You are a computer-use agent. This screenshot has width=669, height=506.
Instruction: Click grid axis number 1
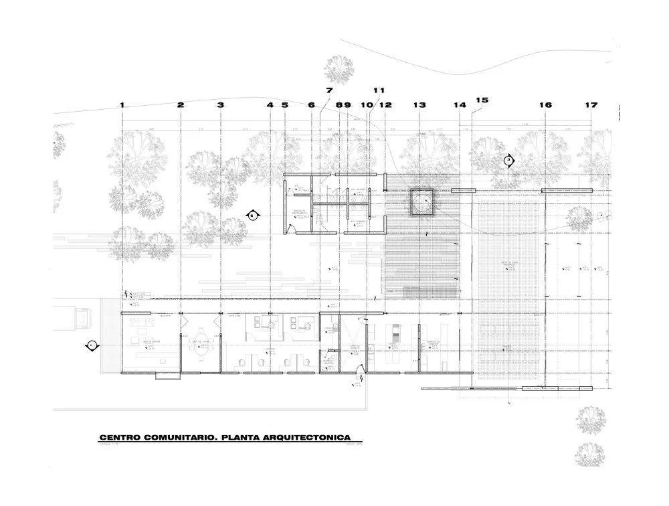click(x=122, y=105)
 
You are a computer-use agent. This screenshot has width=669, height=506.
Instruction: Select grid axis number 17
click(x=591, y=105)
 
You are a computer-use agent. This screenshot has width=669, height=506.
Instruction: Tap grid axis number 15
click(x=482, y=100)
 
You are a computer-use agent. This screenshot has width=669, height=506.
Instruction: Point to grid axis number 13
click(x=419, y=105)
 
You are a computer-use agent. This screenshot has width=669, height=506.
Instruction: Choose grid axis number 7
click(x=329, y=90)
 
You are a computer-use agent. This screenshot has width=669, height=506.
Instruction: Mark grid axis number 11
click(x=379, y=90)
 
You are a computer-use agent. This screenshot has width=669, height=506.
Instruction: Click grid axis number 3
click(x=221, y=105)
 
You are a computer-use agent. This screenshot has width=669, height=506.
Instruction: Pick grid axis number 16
click(x=546, y=105)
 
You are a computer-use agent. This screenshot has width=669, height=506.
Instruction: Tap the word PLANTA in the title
click(x=248, y=436)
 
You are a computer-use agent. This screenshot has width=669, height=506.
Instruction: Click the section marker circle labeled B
click(x=252, y=216)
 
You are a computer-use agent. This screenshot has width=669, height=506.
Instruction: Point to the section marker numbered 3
click(x=508, y=161)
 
